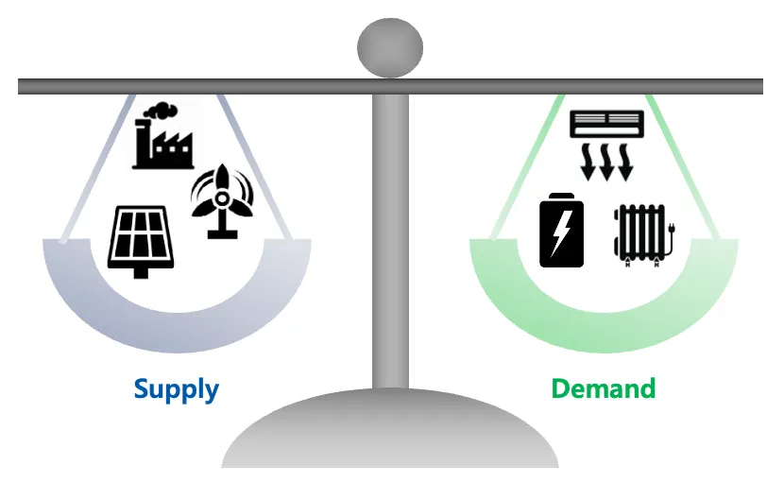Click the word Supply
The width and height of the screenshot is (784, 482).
coord(176,388)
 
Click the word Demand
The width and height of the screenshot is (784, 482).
coord(603,388)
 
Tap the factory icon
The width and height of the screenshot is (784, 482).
coord(162,142)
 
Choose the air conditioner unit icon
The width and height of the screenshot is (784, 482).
coord(606,123)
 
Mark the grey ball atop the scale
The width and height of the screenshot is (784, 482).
coord(389,48)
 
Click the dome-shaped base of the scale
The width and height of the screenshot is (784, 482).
coord(389,435)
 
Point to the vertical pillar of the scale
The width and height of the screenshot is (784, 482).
coord(389,236)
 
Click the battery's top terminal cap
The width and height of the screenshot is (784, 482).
coord(561,196)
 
